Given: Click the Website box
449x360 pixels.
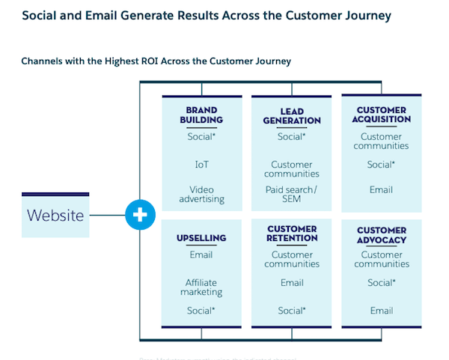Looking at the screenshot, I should click(55, 216).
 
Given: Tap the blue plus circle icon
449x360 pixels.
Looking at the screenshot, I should click(140, 216).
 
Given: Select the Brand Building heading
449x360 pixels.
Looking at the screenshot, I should click(201, 115).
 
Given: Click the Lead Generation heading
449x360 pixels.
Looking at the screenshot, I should click(291, 116).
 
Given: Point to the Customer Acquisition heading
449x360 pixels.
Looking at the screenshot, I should click(382, 114).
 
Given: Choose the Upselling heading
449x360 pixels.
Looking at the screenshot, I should click(201, 238).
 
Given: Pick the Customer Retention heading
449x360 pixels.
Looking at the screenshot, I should click(291, 234).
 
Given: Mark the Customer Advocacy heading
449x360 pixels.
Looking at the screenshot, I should click(382, 235).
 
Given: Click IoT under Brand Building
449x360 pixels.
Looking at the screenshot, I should click(201, 165).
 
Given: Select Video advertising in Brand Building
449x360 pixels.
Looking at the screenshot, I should click(201, 195).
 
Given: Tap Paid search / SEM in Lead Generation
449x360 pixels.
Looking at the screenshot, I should click(291, 195).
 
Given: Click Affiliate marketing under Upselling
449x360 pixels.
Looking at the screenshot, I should click(201, 287).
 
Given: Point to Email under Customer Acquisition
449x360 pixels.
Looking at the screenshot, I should click(382, 189).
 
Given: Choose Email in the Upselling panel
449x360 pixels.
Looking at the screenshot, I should click(201, 255).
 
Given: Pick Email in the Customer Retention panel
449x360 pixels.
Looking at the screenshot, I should click(291, 283).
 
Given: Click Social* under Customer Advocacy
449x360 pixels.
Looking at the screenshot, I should click(382, 283).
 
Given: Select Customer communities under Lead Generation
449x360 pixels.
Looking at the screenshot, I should click(291, 169).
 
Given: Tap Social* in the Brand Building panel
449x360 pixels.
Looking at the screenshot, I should click(201, 137).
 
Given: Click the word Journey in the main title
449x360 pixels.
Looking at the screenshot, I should click(364, 16).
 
